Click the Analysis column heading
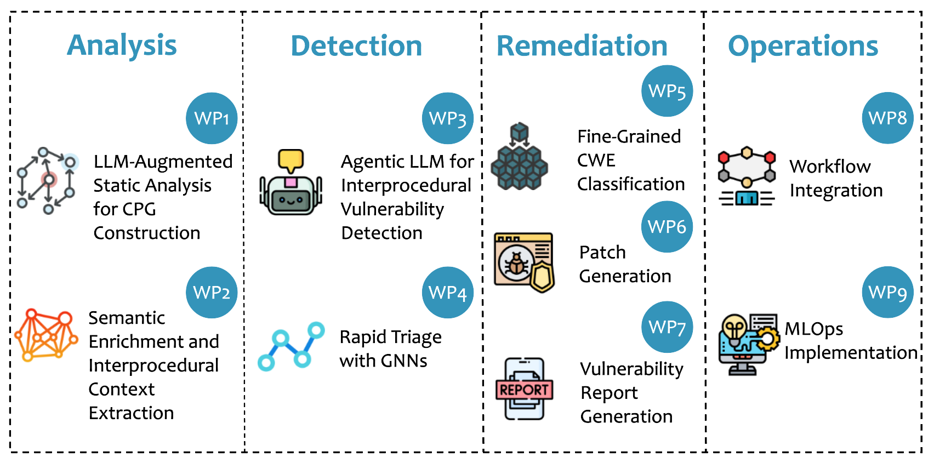coord(122,45)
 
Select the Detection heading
coord(356,46)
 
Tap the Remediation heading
coord(582,46)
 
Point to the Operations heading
coord(803,46)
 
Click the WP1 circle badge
coord(212,118)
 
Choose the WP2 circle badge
coord(212,293)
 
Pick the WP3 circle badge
coord(447,118)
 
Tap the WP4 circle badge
coord(447,293)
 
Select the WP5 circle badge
coord(667,91)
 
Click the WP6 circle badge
coord(667,227)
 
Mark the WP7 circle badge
coord(667,327)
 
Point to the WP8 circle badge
coord(887,118)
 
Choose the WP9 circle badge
coord(887,292)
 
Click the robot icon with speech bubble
coord(291,183)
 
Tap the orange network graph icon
coord(46,335)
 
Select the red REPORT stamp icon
coord(525,389)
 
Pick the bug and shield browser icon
coord(524,262)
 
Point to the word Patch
coord(602,253)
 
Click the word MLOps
coord(814,329)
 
